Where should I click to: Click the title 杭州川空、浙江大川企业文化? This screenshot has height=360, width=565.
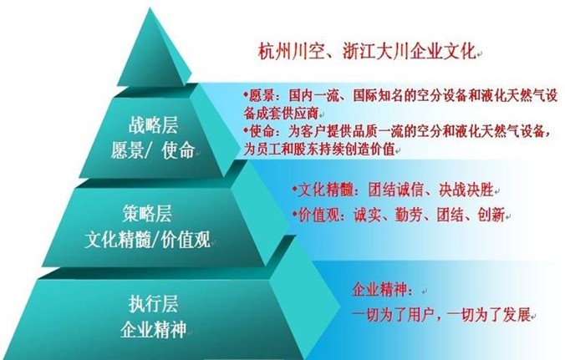pos(367,52)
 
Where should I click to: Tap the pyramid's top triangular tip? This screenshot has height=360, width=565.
pos(150,9)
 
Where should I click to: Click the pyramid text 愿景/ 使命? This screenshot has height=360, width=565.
pos(153,150)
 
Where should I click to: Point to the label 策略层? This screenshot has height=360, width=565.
pos(147,214)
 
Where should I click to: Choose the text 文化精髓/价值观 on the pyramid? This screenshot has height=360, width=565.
pos(148,239)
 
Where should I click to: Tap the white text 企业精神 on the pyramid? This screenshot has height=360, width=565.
pos(154,329)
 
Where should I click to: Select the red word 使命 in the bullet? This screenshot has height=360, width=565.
pos(262,131)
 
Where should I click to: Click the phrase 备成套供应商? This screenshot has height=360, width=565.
pos(281,114)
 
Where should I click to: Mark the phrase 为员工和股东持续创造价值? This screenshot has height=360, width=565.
pos(319,149)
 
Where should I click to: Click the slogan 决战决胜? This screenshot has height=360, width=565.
pos(466,190)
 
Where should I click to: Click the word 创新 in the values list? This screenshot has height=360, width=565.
pos(491,215)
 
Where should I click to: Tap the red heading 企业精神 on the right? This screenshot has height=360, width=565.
pos(379,290)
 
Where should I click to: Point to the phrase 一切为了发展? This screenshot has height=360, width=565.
pos(489,316)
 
